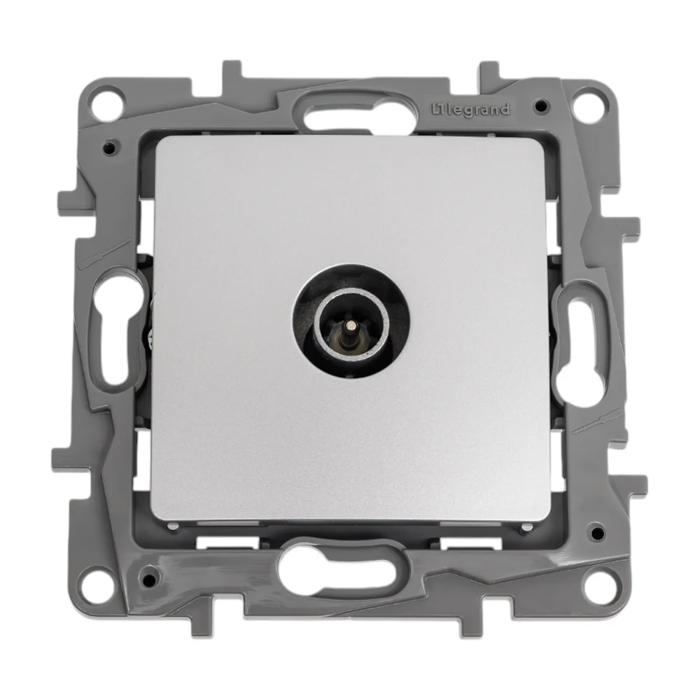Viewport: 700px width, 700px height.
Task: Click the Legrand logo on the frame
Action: point(470,110)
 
